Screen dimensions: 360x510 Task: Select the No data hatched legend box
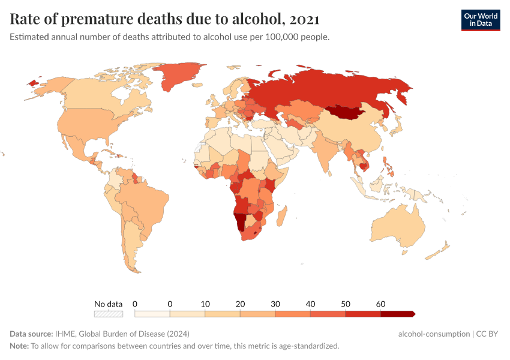point(109,313)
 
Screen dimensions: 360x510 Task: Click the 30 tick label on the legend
point(275,304)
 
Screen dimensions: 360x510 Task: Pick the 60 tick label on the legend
point(380,304)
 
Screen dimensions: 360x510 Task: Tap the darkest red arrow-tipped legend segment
point(397,313)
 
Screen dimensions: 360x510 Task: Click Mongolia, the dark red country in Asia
point(349,112)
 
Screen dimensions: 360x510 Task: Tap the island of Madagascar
point(284,215)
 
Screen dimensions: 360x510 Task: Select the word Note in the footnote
point(19,346)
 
